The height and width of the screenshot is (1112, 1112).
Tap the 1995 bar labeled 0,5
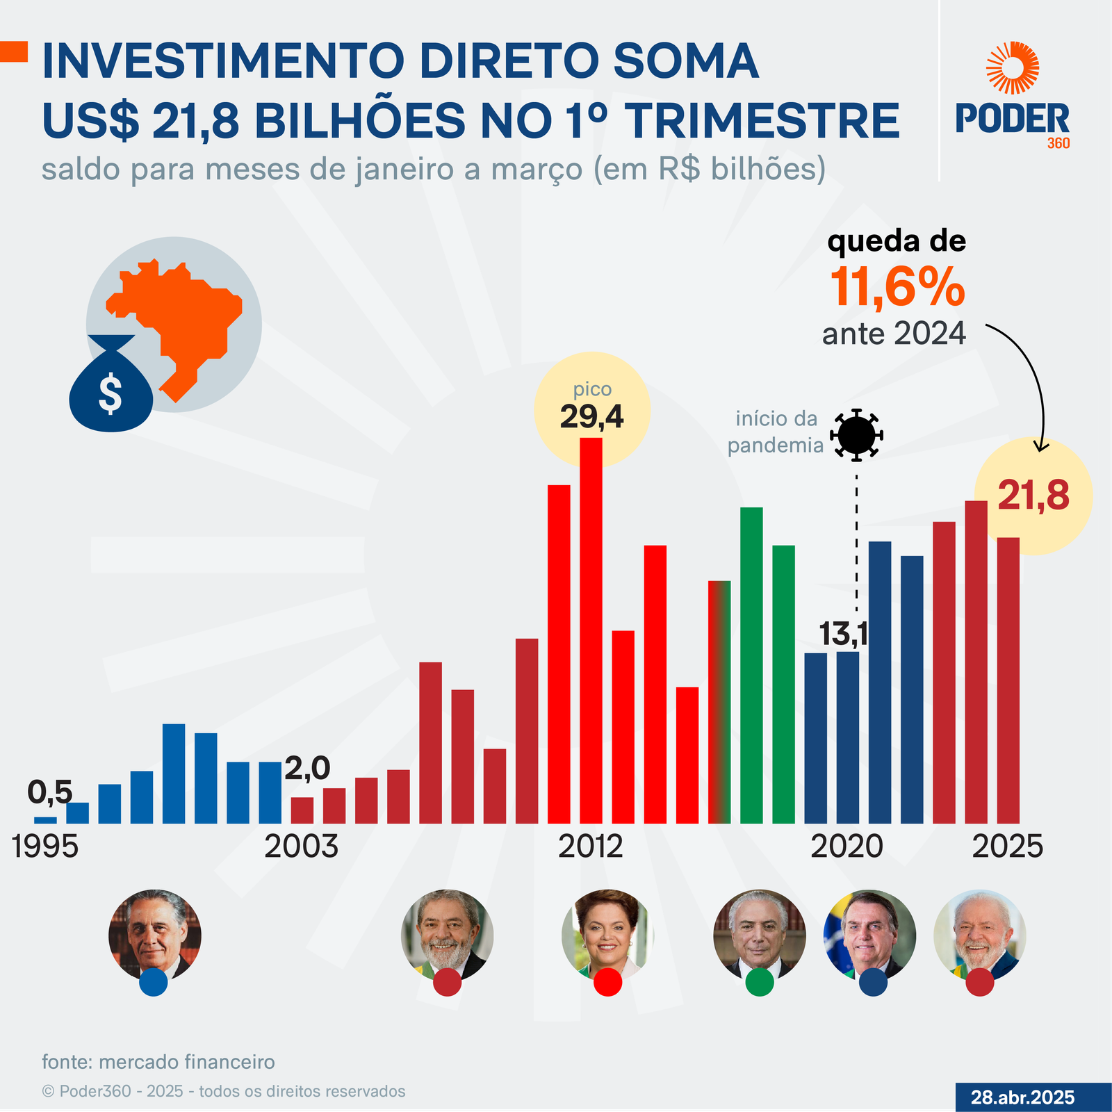point(45,820)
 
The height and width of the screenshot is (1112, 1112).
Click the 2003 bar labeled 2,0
point(302,810)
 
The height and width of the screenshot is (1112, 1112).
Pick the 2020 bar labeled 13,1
point(847,737)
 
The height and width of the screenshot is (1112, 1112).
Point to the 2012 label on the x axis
point(591,847)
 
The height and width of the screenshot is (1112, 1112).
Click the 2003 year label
point(301,847)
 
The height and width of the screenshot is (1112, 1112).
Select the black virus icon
point(856,435)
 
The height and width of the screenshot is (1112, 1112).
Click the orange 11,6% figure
point(897,287)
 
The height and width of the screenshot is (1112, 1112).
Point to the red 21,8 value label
point(1033,496)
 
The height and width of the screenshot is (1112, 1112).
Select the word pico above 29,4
point(592,390)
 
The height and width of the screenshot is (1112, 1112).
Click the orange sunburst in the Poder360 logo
point(1013,67)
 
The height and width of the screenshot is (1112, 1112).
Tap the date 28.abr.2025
point(1022,1097)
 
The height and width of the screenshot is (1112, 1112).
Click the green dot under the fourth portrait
point(760,982)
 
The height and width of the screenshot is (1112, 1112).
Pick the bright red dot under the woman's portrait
point(607,982)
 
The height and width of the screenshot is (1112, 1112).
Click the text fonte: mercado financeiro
point(158,1062)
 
